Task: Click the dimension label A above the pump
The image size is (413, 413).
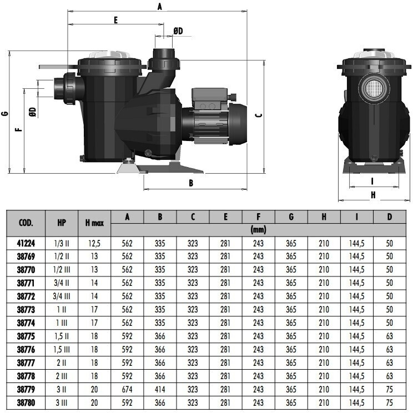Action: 160,7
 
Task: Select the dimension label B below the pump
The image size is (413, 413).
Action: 191,183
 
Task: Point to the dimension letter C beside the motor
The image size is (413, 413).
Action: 259,115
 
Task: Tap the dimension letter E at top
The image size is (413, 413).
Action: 115,20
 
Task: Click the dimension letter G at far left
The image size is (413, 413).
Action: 5,114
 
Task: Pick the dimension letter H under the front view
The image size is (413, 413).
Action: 373,195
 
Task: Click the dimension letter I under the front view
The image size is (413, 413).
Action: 372,181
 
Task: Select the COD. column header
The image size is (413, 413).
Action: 26,223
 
